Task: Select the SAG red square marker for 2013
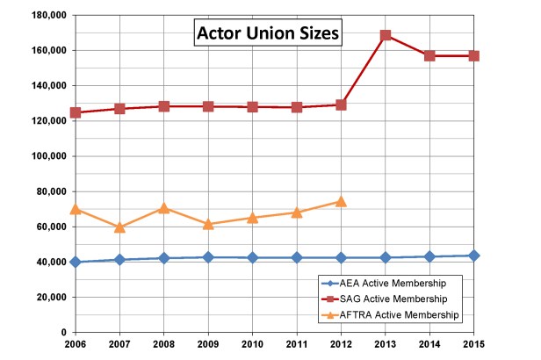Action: click(385, 35)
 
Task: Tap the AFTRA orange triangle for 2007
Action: click(119, 227)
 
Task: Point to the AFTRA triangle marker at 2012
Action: click(341, 201)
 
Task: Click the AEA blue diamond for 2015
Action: click(473, 256)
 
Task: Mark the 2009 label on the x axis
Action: click(207, 344)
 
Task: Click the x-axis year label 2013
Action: click(385, 344)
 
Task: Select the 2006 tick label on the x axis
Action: click(76, 344)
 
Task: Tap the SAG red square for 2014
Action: click(429, 55)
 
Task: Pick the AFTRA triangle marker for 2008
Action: click(163, 208)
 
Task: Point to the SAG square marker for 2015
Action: click(473, 55)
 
